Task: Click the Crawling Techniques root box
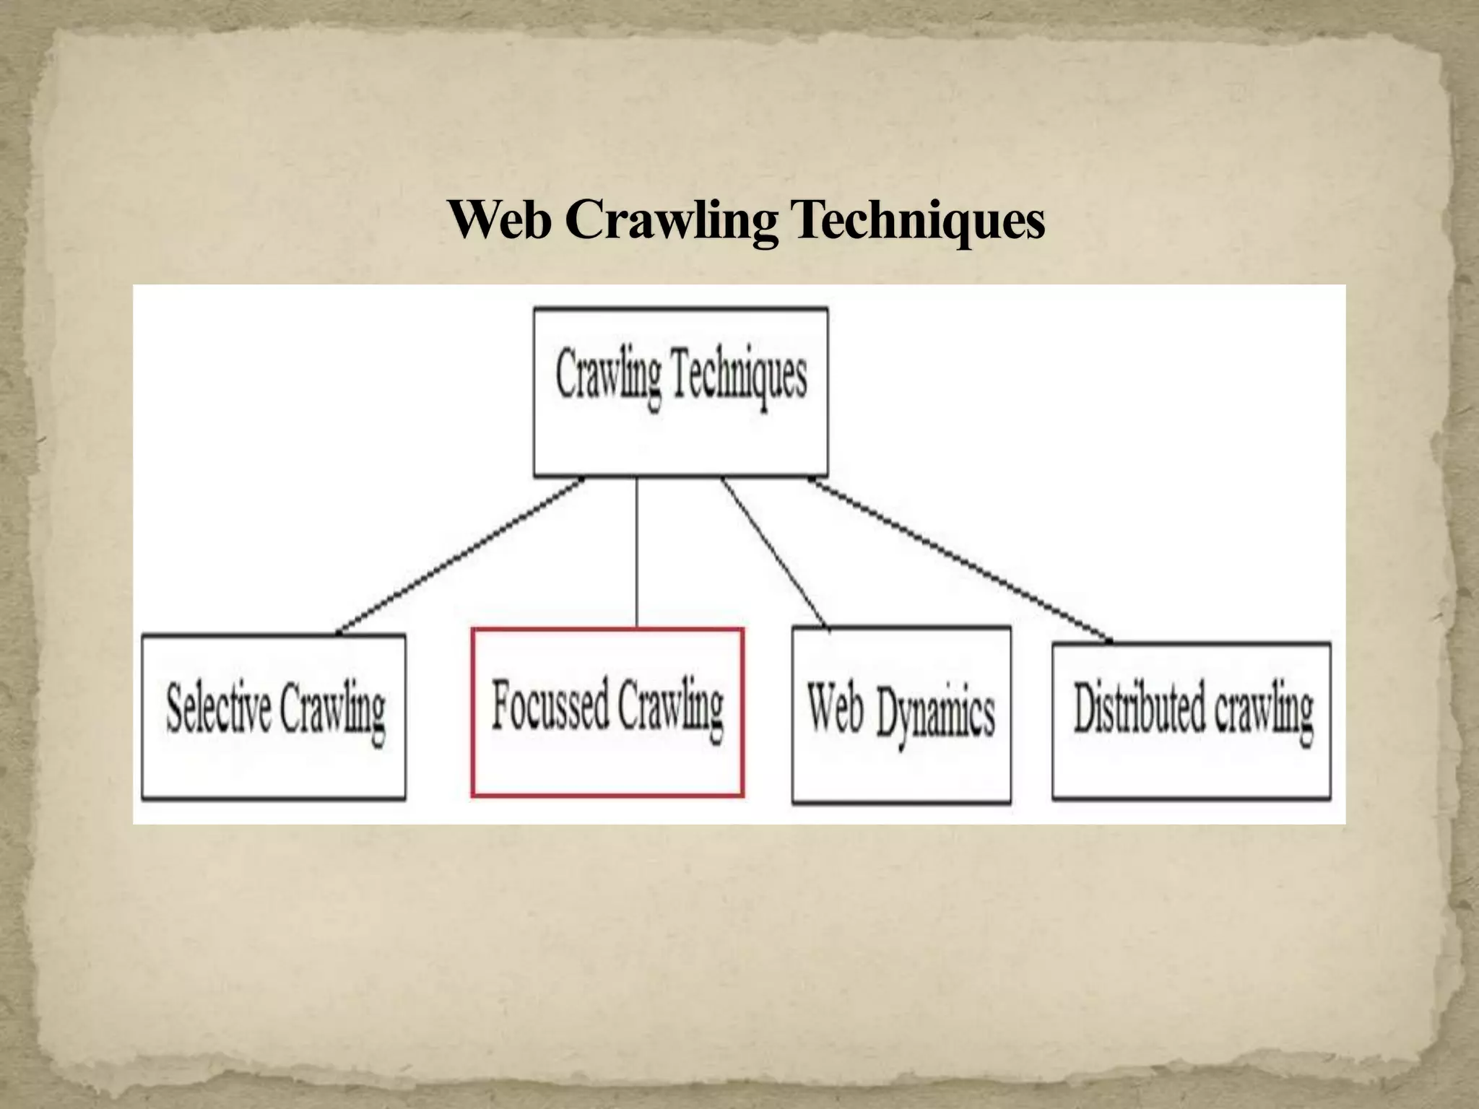680,392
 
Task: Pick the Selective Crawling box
274,717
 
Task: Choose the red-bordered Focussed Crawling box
607,713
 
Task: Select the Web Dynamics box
901,715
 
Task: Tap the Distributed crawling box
1191,720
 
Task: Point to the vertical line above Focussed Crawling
636,552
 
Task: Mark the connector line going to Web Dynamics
774,552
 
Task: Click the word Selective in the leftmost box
218,708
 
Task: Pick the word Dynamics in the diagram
935,715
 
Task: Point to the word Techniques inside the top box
739,375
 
